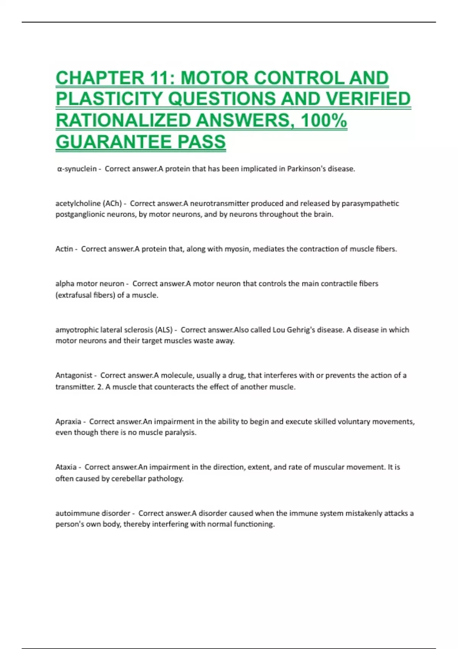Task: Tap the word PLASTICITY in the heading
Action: [109, 99]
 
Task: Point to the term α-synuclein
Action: [77, 169]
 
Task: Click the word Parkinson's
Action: [306, 169]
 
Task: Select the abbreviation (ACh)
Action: [112, 203]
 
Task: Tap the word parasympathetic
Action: [370, 203]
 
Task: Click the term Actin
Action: [64, 249]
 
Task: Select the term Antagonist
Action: [74, 376]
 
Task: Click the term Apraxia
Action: [68, 422]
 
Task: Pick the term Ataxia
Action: [66, 467]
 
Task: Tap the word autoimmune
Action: [78, 513]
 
